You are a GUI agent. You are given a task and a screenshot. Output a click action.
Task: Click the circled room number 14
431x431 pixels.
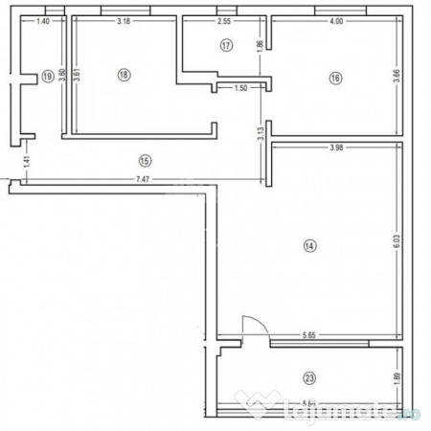coord(308,246)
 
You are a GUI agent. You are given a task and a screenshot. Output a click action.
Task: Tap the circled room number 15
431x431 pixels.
coord(145,160)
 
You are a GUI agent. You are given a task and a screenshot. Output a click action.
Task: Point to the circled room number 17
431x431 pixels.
coord(226,45)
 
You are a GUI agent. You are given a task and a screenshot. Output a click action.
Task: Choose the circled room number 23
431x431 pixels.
coord(309,377)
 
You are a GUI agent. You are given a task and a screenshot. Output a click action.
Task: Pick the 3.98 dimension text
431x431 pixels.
coord(336,147)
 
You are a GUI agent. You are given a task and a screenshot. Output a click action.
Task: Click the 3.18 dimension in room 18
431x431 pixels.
coord(124,21)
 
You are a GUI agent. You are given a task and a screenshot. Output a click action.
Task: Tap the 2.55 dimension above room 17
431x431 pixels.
coord(224,21)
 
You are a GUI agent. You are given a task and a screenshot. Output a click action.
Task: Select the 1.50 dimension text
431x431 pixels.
coord(240,88)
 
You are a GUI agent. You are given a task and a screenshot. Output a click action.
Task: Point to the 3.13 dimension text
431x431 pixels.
coord(260,135)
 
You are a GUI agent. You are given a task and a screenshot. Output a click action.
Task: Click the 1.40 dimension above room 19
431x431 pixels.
coord(43,21)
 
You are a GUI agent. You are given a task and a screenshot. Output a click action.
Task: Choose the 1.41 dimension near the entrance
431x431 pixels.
coord(28,162)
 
